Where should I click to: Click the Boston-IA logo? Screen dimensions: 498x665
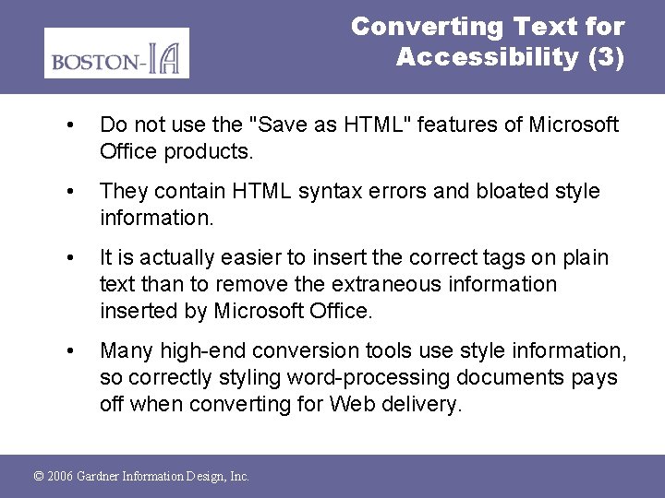[x=116, y=53]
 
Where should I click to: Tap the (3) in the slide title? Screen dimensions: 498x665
[x=605, y=57]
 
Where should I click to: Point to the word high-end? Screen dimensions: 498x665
[x=198, y=351]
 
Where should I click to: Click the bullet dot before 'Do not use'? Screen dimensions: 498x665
[x=71, y=125]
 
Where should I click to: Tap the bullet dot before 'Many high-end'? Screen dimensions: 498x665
[x=71, y=351]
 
